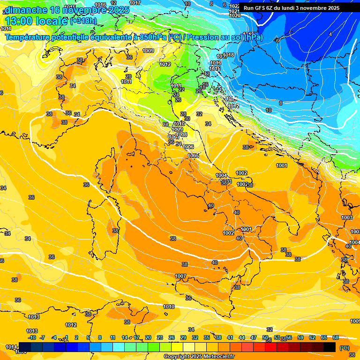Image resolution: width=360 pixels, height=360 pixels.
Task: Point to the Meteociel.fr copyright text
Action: click(199, 357)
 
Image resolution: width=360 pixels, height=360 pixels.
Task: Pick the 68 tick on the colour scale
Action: click(336, 337)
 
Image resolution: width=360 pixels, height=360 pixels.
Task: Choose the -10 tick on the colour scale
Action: click(32, 337)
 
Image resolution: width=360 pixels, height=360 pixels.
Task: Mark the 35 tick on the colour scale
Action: click(207, 337)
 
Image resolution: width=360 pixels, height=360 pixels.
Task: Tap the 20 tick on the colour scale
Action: click(148, 337)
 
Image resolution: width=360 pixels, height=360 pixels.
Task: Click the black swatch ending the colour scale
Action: click(330, 347)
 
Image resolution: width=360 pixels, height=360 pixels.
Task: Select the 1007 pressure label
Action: click(180, 276)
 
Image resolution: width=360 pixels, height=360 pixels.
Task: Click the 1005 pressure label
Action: click(194, 156)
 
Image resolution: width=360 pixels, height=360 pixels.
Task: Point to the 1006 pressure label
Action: click(188, 147)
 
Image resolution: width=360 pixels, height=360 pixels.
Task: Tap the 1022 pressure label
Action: click(234, 6)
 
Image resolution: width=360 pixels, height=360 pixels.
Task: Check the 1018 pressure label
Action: click(228, 55)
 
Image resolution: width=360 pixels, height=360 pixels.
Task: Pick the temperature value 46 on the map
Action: click(205, 84)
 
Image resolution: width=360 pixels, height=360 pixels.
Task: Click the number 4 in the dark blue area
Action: click(330, 34)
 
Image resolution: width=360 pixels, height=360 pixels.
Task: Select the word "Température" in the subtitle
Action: click(28, 37)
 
